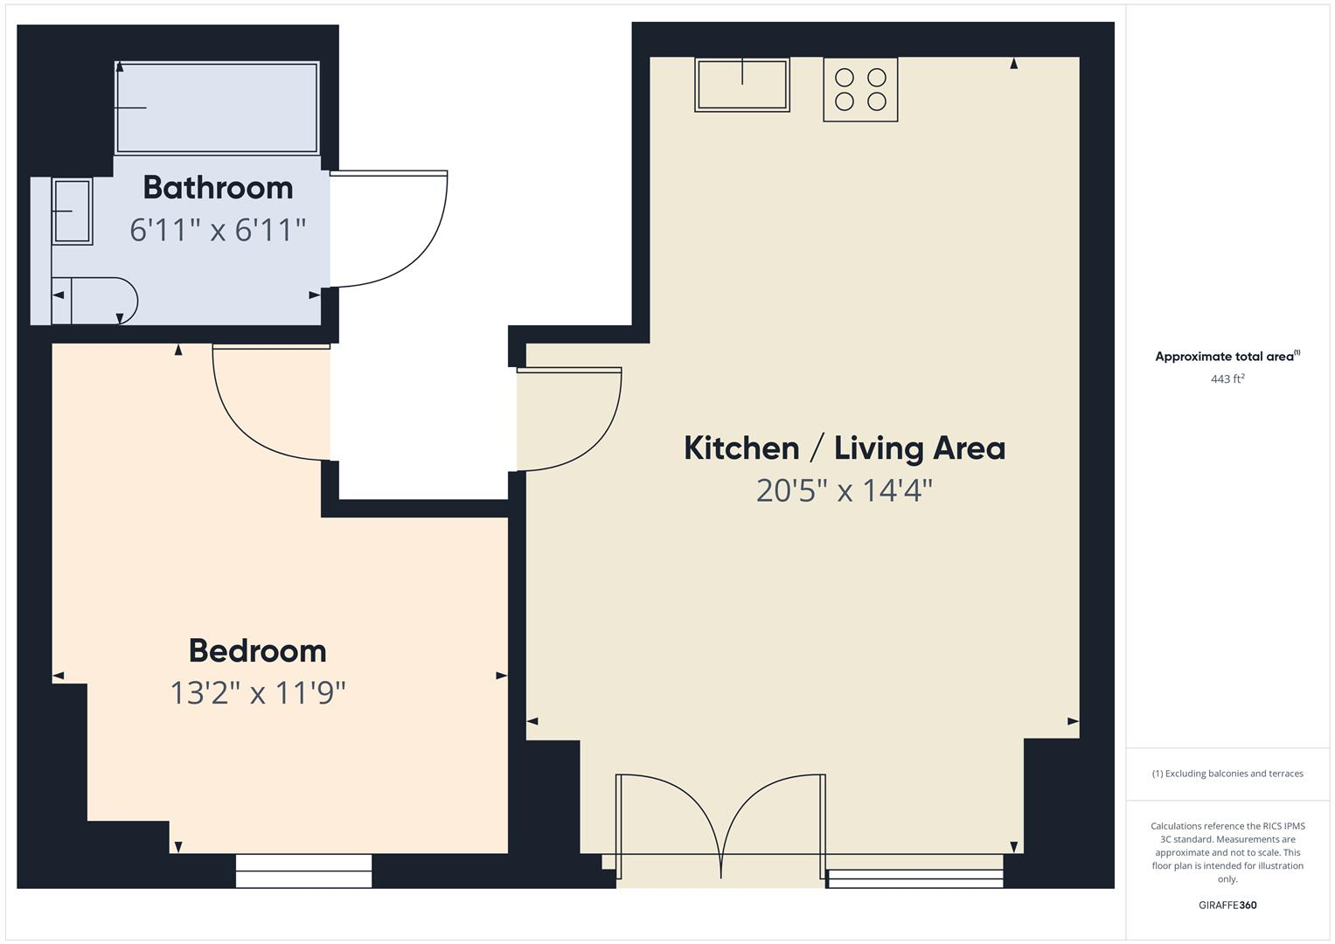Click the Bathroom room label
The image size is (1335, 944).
(218, 187)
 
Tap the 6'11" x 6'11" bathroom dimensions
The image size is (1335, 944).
(218, 230)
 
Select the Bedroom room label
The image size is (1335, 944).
(258, 650)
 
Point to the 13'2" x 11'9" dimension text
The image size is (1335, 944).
(258, 693)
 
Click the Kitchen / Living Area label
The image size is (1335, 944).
(845, 448)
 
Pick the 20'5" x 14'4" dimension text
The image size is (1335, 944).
(845, 490)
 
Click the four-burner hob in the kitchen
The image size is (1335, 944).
(860, 89)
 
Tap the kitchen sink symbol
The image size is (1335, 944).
(742, 85)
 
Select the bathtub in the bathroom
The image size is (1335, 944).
(217, 108)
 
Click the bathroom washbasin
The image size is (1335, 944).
(72, 212)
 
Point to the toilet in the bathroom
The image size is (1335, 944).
(94, 301)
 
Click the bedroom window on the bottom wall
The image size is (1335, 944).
(303, 871)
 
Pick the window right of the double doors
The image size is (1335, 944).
(915, 878)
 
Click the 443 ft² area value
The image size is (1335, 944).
(1227, 378)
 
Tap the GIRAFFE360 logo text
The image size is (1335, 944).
(1227, 905)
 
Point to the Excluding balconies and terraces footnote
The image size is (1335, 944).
(1227, 774)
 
